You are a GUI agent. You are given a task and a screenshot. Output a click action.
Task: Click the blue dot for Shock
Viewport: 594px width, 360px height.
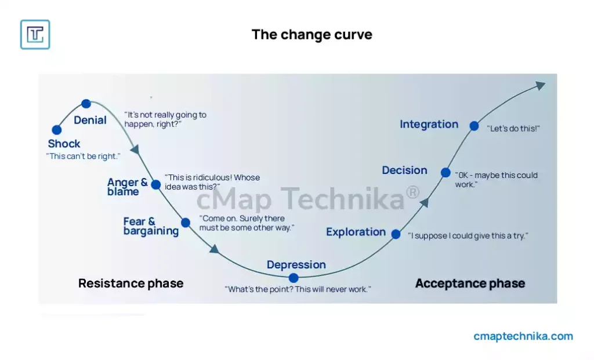pos(57,130)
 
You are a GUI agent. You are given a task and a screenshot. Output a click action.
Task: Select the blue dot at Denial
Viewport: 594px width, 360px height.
pos(86,103)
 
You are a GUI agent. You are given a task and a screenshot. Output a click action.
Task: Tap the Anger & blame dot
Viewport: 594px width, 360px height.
pos(155,185)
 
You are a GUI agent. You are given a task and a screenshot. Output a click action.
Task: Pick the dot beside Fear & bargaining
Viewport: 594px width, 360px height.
pos(186,223)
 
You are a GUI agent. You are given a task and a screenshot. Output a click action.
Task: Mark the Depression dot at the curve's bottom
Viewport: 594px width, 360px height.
pos(294,278)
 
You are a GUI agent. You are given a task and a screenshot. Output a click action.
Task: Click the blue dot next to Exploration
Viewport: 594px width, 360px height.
pos(396,234)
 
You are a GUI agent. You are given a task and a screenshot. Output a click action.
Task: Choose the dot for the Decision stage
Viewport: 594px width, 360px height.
pos(446,173)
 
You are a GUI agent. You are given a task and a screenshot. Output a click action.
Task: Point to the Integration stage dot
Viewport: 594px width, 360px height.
pos(475,126)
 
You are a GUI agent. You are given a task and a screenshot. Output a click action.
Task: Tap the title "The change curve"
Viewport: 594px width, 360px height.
pos(312,34)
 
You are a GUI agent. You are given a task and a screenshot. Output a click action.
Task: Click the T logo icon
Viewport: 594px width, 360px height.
pos(35,34)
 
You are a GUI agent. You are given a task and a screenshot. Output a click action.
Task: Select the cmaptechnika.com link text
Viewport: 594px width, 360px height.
pos(523,336)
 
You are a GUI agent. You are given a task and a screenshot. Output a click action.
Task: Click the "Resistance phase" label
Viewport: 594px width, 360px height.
pos(131,283)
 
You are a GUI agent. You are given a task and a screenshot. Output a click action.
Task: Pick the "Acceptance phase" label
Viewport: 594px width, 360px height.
pos(470,283)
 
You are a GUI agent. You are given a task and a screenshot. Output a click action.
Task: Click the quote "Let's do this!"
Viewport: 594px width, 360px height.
pos(513,128)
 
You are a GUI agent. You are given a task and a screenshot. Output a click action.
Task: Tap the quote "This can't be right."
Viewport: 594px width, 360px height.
pos(84,156)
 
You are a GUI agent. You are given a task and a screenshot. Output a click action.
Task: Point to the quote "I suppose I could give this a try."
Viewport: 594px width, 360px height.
pos(468,235)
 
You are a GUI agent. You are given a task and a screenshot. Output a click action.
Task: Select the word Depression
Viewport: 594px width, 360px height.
pos(296,264)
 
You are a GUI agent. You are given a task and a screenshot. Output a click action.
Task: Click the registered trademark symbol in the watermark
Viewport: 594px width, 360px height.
pos(412,192)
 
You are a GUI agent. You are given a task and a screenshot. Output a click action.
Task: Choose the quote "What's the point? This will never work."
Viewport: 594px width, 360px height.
pos(298,289)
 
